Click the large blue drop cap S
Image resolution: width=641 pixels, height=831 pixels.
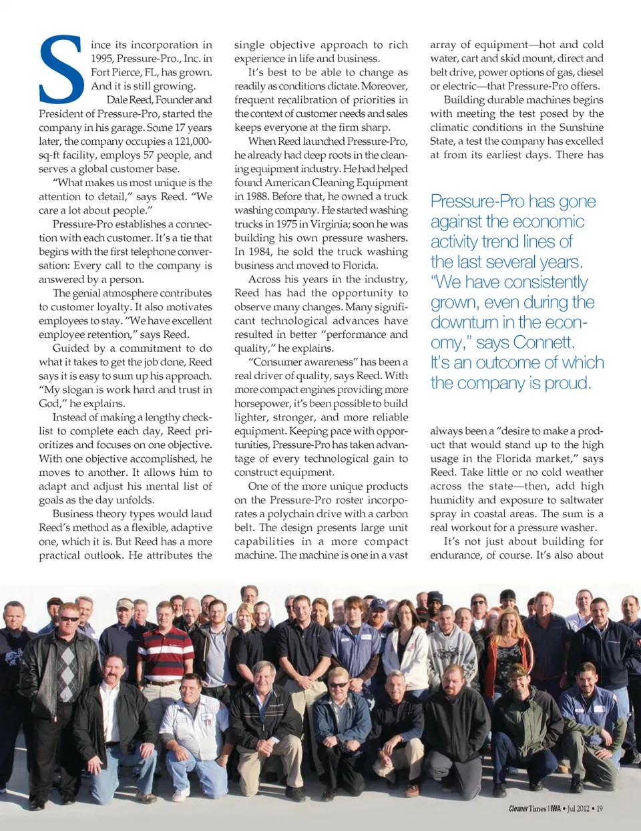point(62,69)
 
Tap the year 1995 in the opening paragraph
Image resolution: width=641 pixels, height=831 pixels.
point(102,59)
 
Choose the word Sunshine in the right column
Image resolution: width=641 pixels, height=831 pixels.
point(581,127)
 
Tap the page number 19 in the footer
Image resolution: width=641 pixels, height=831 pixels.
point(599,808)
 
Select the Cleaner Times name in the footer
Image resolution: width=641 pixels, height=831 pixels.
point(527,808)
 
